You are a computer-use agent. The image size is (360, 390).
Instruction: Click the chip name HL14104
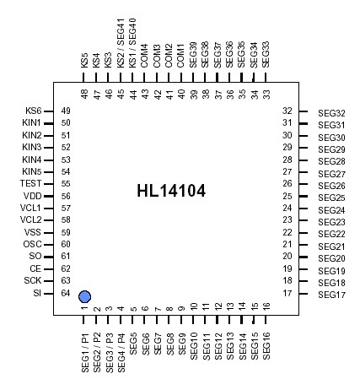pyautogui.click(x=171, y=191)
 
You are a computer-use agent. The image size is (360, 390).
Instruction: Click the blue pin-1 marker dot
pyautogui.click(x=84, y=296)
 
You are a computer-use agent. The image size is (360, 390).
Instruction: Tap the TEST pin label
pyautogui.click(x=30, y=183)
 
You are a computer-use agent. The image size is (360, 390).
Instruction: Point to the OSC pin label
pyautogui.click(x=32, y=244)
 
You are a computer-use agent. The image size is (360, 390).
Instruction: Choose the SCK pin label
pyautogui.click(x=32, y=280)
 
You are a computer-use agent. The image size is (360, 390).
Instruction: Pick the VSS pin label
pyautogui.click(x=32, y=232)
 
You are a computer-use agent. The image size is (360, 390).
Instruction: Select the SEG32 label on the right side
pyautogui.click(x=331, y=113)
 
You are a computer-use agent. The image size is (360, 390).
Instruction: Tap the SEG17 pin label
pyautogui.click(x=331, y=295)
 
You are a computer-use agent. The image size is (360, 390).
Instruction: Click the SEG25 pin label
pyautogui.click(x=331, y=198)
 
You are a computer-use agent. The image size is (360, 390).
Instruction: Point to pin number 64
pyautogui.click(x=65, y=293)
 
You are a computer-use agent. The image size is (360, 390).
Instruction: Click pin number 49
pyautogui.click(x=65, y=111)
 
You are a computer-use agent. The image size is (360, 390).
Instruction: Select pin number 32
pyautogui.click(x=287, y=111)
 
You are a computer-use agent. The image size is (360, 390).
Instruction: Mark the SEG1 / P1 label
pyautogui.click(x=84, y=353)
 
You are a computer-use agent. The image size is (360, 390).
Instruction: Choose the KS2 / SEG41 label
pyautogui.click(x=121, y=42)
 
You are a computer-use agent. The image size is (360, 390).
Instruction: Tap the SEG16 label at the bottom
pyautogui.click(x=266, y=346)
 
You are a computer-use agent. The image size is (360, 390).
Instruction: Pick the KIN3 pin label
pyautogui.click(x=31, y=148)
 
